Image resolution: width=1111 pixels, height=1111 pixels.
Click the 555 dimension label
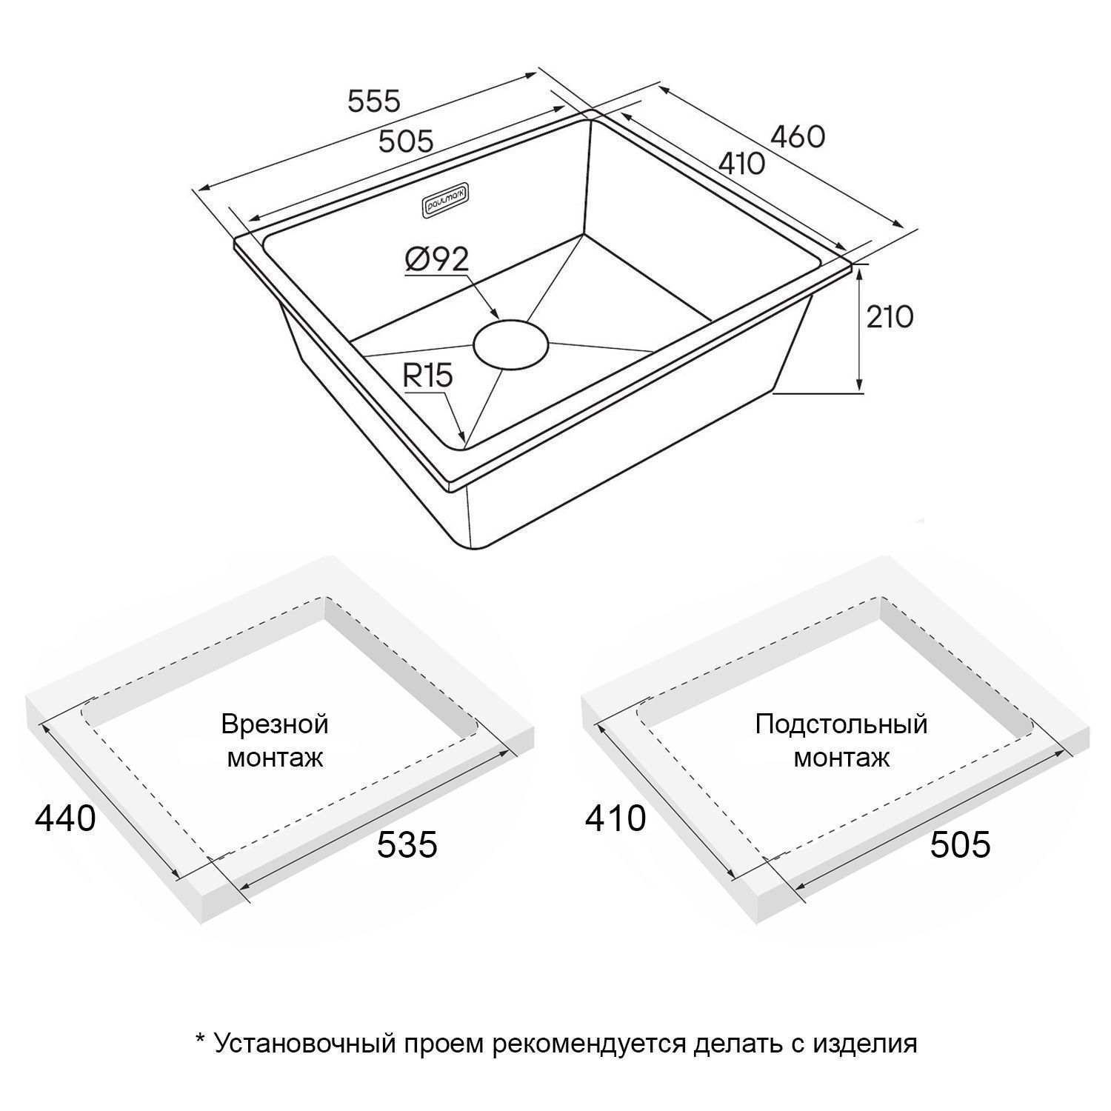point(374,101)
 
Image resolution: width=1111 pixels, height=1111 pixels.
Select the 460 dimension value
point(798,136)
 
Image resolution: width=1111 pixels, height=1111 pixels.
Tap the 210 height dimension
point(890,317)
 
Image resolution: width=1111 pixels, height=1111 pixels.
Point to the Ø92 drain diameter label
point(437,260)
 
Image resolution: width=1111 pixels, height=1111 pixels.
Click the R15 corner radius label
point(427,376)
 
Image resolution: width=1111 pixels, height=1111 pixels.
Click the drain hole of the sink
point(510,344)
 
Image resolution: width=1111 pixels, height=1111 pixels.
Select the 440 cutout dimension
point(66,818)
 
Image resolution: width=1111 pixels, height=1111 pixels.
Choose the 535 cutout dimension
point(407,844)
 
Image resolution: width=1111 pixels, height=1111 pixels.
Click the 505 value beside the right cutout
point(960,844)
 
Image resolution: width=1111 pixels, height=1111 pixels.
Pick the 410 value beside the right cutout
point(615,818)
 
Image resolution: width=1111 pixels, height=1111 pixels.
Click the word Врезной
point(275,724)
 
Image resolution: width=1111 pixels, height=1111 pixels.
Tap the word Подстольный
point(841,724)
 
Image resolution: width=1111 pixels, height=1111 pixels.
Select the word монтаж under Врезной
point(275,758)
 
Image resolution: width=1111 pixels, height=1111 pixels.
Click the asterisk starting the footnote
point(200,1040)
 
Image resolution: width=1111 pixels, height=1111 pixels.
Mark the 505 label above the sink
point(405,141)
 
